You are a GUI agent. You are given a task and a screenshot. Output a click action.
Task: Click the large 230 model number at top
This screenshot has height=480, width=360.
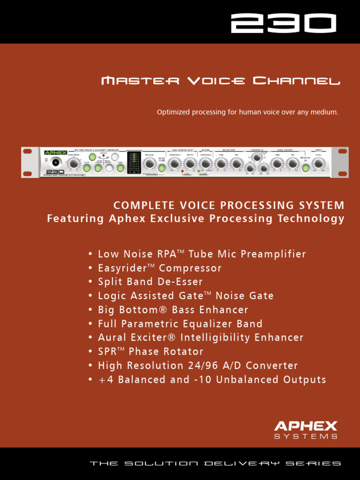point(283,23)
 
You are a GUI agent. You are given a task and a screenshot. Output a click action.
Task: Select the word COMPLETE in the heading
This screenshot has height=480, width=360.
point(142,205)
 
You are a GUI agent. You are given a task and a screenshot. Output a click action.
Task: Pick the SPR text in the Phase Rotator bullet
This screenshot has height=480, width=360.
point(106,352)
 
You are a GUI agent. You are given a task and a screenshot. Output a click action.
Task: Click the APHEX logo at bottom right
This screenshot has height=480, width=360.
point(306,426)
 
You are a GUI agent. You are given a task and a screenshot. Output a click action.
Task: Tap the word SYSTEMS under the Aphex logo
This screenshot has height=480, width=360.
point(306,436)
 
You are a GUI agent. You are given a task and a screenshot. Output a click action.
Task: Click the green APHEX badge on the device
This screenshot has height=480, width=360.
point(55,152)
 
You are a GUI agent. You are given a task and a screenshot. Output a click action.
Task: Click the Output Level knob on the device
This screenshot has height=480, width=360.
point(319,163)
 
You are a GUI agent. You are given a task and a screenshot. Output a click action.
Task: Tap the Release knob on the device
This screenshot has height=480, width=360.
point(150,163)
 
